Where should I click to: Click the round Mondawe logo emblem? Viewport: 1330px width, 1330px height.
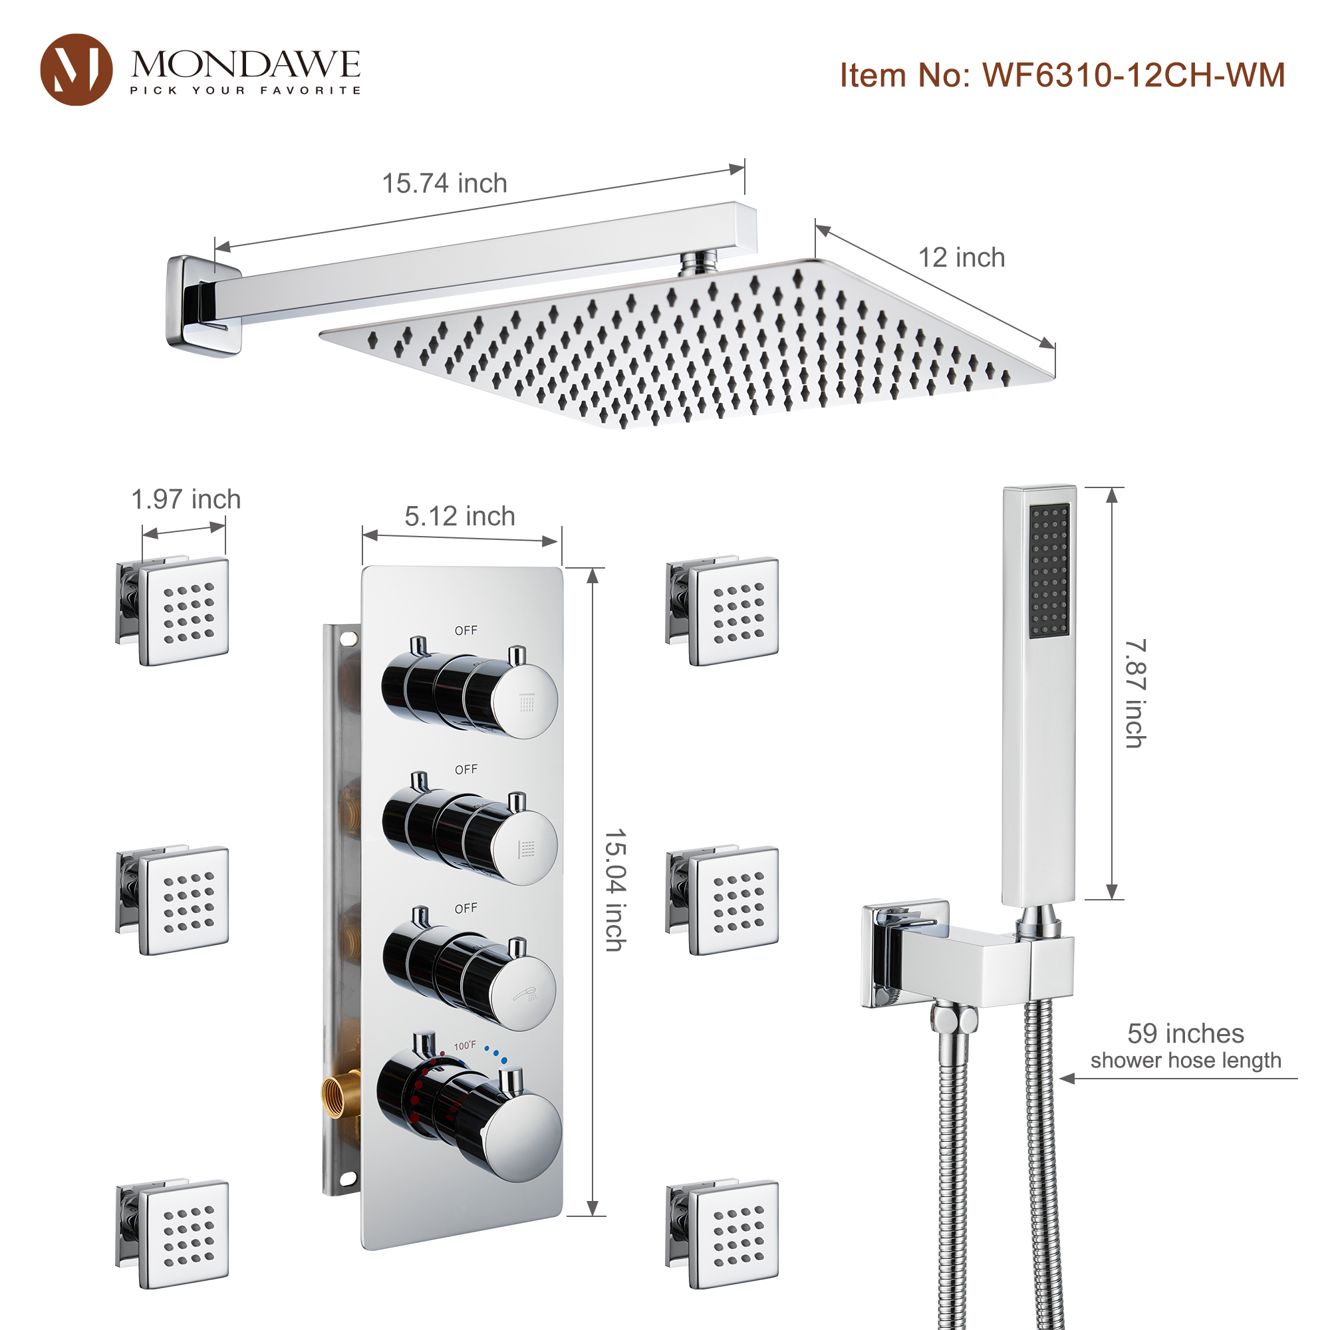(76, 70)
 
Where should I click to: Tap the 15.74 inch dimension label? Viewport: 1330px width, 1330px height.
(445, 184)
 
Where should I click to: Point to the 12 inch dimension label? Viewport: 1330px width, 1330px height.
(961, 257)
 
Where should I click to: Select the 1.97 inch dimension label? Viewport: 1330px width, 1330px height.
(186, 499)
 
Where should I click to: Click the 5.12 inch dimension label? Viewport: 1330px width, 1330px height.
(459, 516)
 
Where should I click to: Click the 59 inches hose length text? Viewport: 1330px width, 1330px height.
(1186, 1034)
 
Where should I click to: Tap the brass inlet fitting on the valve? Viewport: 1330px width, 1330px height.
(340, 1094)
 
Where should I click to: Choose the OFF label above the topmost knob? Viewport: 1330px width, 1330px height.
(466, 630)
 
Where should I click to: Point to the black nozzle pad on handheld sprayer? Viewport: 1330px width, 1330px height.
(1049, 570)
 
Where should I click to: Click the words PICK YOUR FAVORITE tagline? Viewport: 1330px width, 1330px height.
(245, 90)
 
